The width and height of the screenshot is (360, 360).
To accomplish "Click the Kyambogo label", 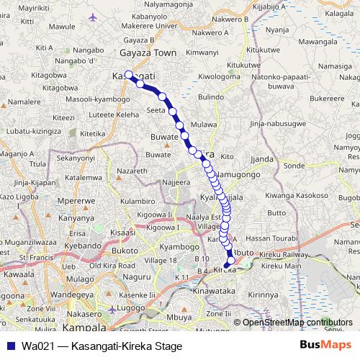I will pyautogui.click(x=179, y=246).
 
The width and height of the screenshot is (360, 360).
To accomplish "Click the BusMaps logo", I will pyautogui.click(x=325, y=346).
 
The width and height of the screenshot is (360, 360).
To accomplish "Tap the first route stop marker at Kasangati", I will pyautogui.click(x=129, y=74).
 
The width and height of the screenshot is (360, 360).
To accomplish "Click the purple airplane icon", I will pyautogui.click(x=91, y=17).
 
